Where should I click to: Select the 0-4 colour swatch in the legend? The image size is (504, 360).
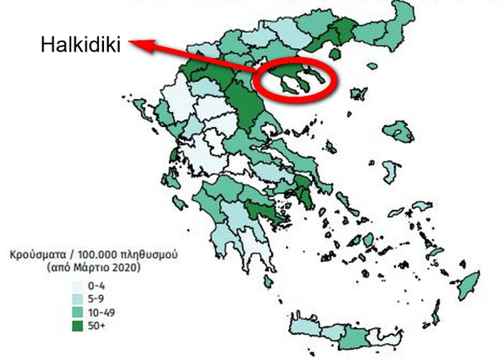[x=78, y=285]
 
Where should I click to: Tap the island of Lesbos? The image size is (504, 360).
[x=399, y=131]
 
